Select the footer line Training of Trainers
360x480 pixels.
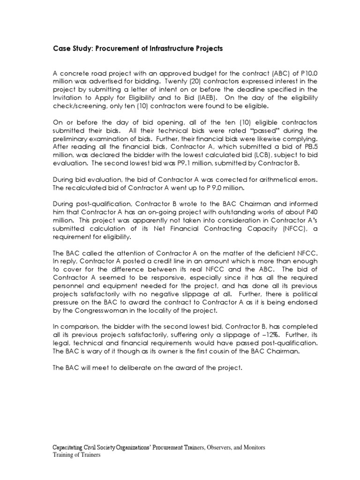(x=76, y=455)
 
